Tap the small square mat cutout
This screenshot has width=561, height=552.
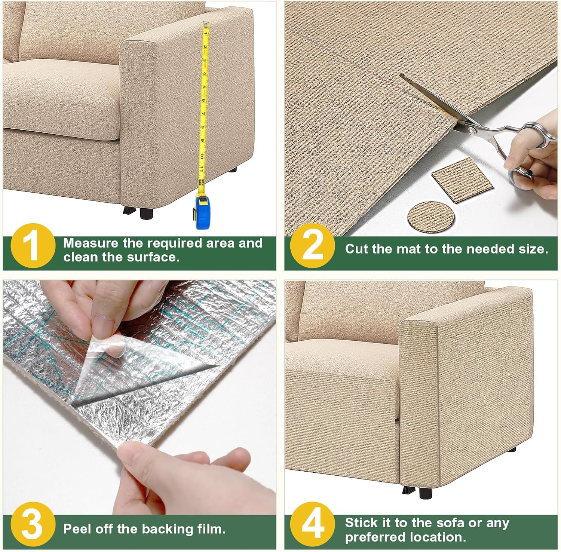tap(457, 180)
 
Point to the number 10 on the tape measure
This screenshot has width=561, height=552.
tap(202, 155)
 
